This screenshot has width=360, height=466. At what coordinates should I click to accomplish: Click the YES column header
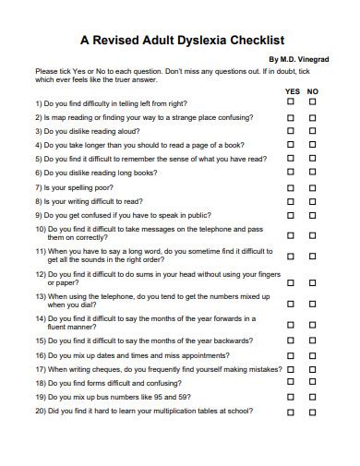[x=293, y=91]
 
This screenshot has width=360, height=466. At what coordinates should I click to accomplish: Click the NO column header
[x=313, y=91]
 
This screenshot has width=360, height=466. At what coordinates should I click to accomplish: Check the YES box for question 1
[x=292, y=103]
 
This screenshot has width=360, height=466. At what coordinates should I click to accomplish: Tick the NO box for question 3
[x=313, y=131]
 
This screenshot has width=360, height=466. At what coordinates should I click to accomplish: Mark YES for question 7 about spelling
[x=292, y=186]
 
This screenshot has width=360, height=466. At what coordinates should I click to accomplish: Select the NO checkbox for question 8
[x=313, y=200]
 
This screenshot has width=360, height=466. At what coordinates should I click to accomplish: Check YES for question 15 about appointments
[x=292, y=354]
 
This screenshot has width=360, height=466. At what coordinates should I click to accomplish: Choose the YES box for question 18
[x=292, y=382]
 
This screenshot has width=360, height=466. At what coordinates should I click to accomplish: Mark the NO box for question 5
[x=313, y=159]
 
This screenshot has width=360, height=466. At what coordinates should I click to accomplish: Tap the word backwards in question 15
[x=243, y=341]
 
